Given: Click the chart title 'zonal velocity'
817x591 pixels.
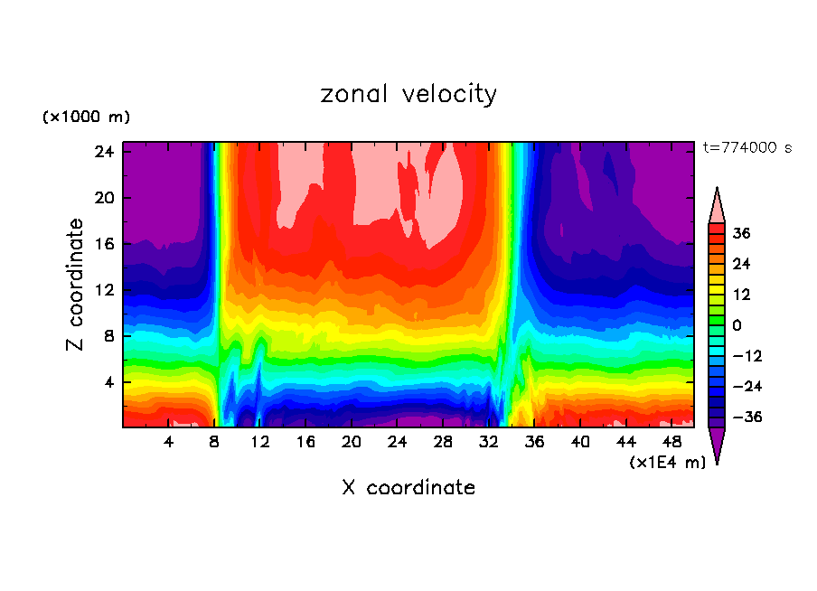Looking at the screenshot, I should (408, 94).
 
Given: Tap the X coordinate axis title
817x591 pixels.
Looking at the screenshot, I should (408, 488).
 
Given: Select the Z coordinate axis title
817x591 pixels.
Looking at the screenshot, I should (76, 285).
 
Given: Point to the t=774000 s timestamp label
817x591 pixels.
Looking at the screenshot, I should (747, 148).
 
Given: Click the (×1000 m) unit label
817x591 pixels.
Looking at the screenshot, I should (86, 117).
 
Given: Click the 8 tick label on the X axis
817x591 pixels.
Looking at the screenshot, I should (214, 443).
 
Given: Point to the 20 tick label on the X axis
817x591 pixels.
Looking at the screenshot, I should (352, 443).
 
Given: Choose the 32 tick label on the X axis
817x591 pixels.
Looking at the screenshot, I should (489, 443).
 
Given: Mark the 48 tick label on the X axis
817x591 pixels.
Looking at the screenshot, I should (671, 443).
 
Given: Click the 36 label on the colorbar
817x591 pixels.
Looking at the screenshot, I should (742, 233).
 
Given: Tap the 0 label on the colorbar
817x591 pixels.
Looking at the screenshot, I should (737, 325).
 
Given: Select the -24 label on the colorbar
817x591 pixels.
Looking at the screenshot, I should (746, 387).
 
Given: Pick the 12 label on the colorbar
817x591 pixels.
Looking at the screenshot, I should (741, 295).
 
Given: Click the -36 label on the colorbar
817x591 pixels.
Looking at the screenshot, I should (746, 417).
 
